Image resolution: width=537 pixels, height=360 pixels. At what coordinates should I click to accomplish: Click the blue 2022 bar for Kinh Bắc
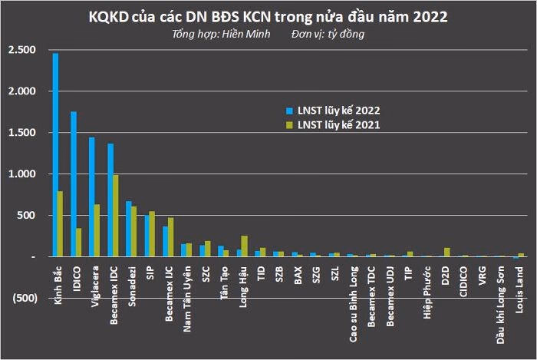(55, 154)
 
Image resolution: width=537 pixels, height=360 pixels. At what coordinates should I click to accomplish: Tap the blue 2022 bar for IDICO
(74, 184)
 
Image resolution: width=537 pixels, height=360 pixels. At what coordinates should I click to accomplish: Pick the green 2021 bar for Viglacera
(97, 230)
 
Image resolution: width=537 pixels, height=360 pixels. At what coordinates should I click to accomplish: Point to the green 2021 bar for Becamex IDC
(116, 216)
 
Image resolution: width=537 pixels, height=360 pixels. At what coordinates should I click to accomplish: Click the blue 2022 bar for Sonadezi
(129, 229)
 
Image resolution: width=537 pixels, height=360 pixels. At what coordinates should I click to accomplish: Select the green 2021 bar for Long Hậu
(245, 246)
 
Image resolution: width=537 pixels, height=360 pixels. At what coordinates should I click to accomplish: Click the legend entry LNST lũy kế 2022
(338, 109)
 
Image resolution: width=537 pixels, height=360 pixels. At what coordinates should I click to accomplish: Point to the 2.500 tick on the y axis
(21, 50)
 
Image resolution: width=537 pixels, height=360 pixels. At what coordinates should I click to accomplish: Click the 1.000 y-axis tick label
(21, 174)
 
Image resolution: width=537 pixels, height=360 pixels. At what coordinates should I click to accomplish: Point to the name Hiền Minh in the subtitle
(246, 35)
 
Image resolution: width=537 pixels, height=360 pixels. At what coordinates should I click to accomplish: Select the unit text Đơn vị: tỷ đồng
(328, 35)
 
